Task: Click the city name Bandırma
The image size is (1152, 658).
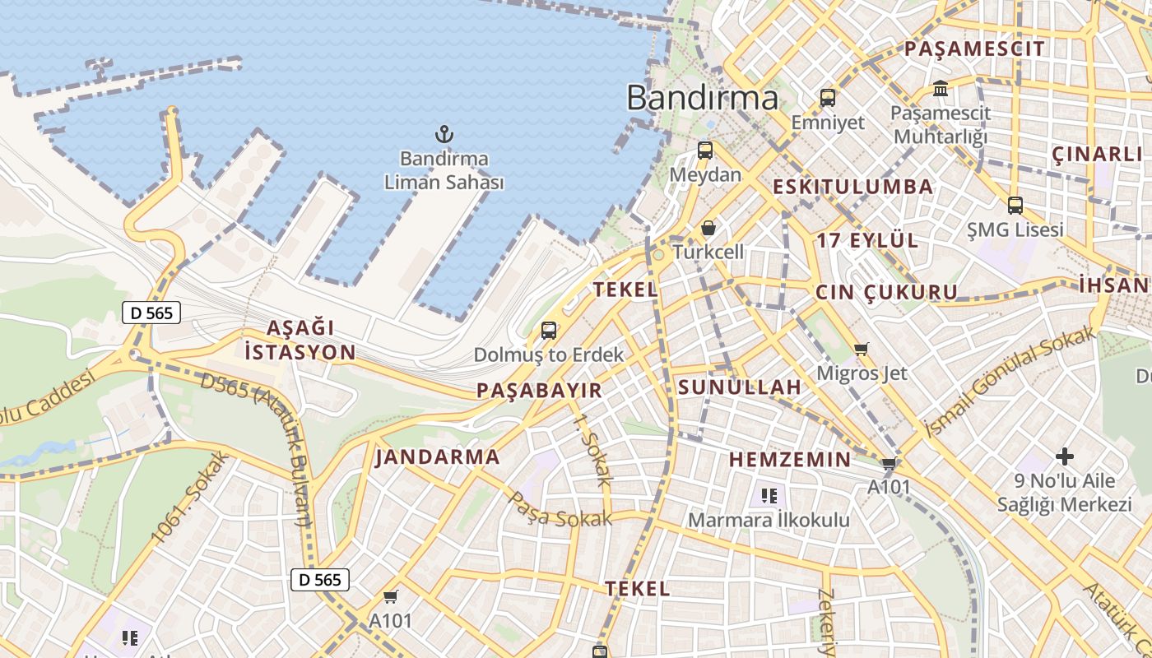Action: click(702, 98)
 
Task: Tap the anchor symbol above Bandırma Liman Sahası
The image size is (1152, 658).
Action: click(444, 133)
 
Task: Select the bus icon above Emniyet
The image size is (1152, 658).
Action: click(828, 98)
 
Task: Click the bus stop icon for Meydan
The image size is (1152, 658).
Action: click(705, 151)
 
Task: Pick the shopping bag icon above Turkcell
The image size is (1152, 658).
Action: click(708, 228)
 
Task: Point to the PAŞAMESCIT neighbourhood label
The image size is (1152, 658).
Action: click(974, 49)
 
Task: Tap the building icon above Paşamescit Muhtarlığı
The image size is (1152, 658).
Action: click(940, 88)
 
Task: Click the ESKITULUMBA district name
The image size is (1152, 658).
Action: click(852, 187)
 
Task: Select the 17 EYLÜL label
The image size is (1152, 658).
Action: click(867, 240)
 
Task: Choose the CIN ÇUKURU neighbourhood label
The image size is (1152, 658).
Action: click(886, 292)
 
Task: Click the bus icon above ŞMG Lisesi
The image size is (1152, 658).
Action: click(1015, 206)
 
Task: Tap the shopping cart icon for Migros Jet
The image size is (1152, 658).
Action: click(862, 350)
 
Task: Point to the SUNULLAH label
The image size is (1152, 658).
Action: click(740, 387)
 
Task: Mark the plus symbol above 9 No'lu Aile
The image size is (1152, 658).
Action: click(1065, 456)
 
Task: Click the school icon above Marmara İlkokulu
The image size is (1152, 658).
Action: click(769, 496)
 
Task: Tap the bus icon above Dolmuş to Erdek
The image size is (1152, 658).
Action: click(549, 331)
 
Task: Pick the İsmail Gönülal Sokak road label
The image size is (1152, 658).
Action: click(1010, 382)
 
